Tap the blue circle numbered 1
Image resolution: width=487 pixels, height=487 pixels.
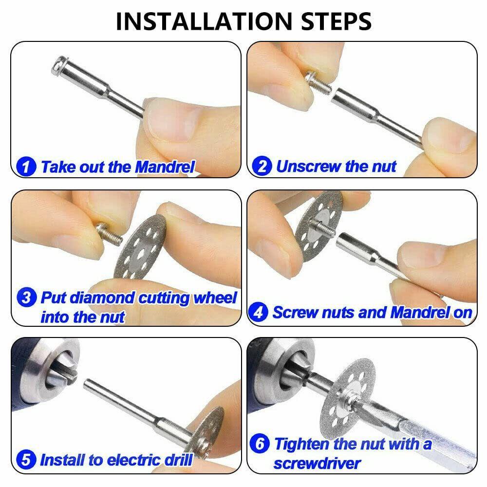[26, 166]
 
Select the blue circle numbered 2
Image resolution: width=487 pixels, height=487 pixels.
[262, 166]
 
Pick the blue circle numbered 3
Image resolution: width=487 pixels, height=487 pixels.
[26, 297]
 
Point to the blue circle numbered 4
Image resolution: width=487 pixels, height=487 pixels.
[258, 312]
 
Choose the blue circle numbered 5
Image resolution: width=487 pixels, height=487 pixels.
[26, 460]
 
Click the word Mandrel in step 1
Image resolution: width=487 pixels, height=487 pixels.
[165, 167]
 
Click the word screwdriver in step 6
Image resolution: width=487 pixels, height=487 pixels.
[317, 464]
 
